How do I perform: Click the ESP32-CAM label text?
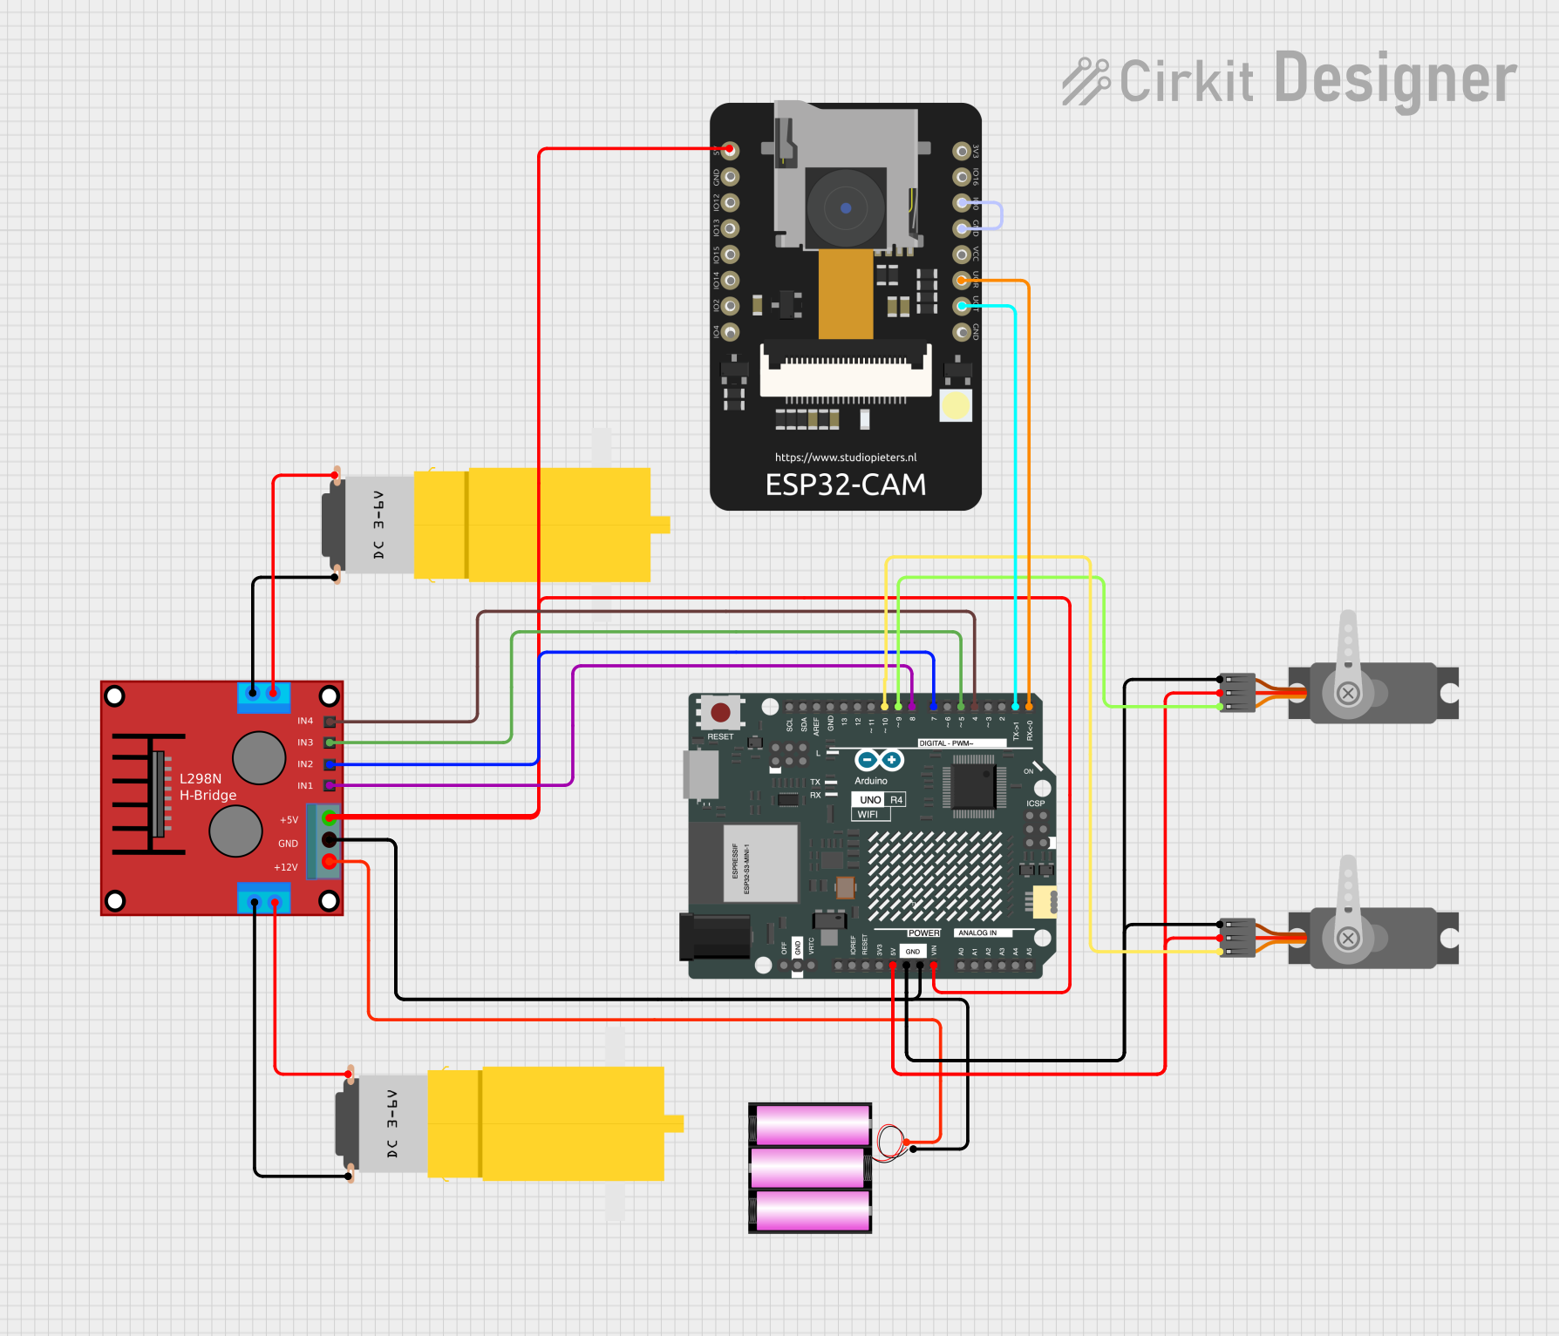845,485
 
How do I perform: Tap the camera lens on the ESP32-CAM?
845,208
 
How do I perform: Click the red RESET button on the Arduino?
720,713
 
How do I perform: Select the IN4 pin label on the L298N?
304,722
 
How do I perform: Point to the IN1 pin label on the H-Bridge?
304,786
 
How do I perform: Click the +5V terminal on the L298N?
330,817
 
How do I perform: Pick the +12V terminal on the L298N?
330,862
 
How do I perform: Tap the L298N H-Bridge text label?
208,787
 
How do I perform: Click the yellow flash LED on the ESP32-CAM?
956,405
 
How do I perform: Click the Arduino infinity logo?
879,760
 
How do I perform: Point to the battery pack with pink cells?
810,1168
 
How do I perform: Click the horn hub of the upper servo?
1348,694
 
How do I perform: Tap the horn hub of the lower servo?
1348,939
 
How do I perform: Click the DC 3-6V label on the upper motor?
378,525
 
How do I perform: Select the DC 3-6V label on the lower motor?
392,1123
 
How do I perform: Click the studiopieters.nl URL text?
845,458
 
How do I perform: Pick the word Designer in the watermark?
1395,79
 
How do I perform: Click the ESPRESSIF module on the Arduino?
759,863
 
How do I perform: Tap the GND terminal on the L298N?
330,840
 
